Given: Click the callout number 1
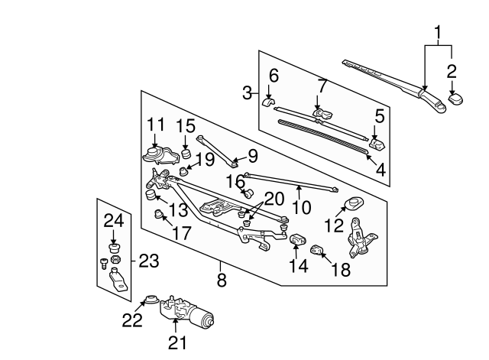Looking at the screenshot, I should tap(438, 33).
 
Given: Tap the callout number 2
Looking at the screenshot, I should tap(452, 73).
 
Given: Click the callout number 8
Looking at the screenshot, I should tap(222, 281).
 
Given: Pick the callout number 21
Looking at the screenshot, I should tap(176, 343).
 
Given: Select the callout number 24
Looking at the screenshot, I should tap(114, 222).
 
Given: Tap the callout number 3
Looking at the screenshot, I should tap(248, 92).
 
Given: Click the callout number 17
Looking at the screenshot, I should tap(181, 234).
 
